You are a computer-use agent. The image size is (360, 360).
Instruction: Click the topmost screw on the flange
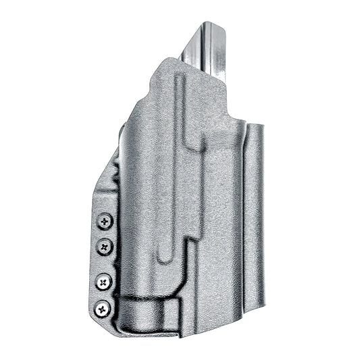[x=105, y=221]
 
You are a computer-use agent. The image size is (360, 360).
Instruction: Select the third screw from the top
[x=105, y=280]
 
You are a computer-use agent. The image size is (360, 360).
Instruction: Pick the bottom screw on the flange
[x=103, y=309]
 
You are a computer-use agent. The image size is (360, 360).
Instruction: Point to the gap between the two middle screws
[x=105, y=263]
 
